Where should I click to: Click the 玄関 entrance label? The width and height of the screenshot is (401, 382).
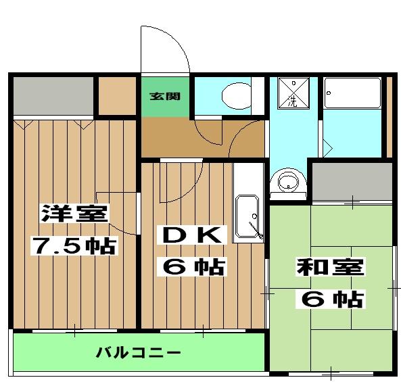pos(165,96)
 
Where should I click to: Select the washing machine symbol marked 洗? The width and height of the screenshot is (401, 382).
pos(293,92)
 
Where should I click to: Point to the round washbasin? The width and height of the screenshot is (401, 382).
pos(288,181)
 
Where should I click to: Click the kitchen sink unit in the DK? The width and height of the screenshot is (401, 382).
pos(248,218)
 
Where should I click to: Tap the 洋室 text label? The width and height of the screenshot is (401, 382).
pos(74,214)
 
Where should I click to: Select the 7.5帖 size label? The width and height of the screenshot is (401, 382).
pos(74,245)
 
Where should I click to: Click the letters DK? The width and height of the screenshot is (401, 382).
pos(189,235)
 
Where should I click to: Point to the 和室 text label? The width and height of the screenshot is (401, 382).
pos(330,266)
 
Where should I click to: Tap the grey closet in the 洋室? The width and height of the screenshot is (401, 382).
pos(52,96)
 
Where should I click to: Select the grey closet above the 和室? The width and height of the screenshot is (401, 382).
pos(351,181)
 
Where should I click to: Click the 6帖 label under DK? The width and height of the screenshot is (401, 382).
pos(192,266)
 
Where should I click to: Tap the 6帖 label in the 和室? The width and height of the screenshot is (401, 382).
pos(333,297)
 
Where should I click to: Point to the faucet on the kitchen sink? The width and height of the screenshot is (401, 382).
pos(255,228)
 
